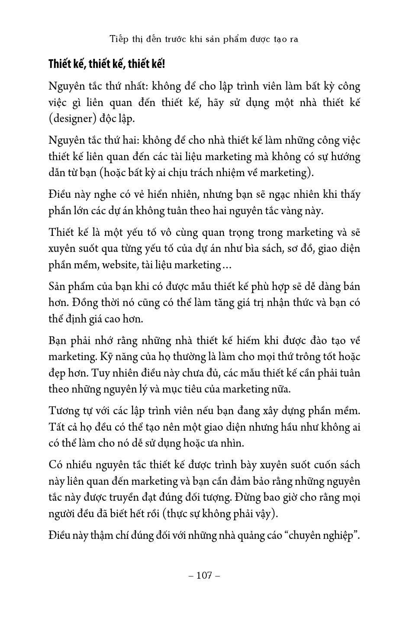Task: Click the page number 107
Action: pos(204,575)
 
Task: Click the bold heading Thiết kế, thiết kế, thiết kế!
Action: pos(106,64)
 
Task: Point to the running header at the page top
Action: pos(204,39)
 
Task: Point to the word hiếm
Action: pos(237,341)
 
